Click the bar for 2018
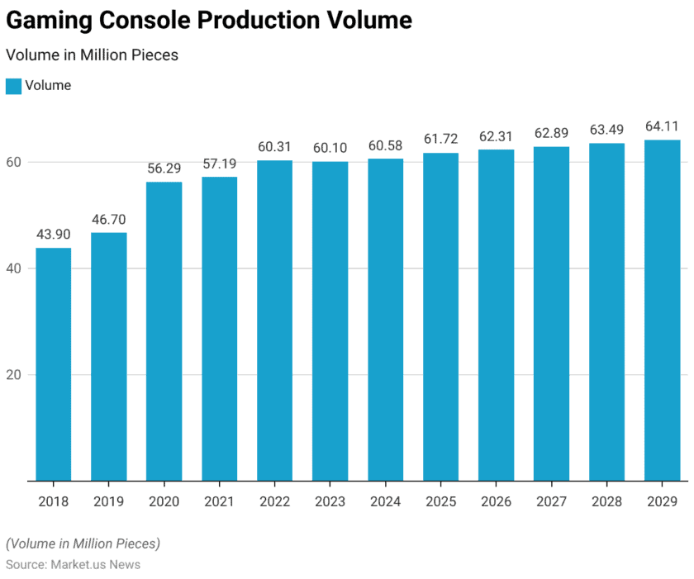pos(53,363)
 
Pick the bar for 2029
pos(662,310)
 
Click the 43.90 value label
pos(53,235)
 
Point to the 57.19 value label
pos(219,164)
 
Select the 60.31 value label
pos(274,147)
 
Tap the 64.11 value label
pos(662,127)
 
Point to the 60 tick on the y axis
pos(14,162)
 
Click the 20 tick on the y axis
pos(14,375)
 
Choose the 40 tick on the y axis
pos(14,268)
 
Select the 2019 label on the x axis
pos(108,501)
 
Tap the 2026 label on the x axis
pos(496,501)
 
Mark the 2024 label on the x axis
pos(385,501)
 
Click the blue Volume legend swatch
pos(13,86)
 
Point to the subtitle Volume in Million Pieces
pos(92,55)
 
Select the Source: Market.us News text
pos(73,565)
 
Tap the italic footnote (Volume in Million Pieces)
pos(83,543)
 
